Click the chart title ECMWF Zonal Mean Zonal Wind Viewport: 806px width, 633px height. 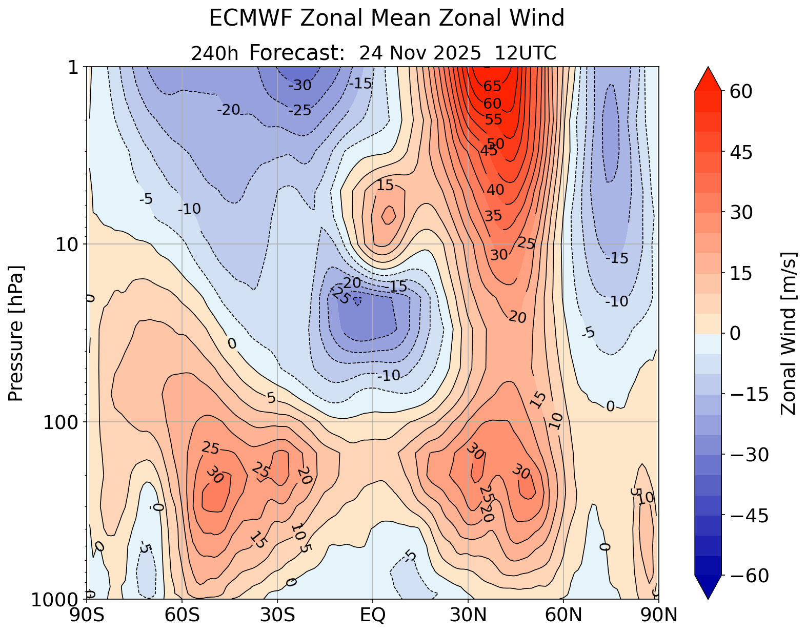coord(387,19)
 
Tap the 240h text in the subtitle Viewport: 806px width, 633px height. coord(214,53)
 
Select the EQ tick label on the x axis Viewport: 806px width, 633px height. coord(373,615)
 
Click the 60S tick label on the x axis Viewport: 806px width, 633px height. coord(182,615)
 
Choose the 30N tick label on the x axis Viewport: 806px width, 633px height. coord(468,615)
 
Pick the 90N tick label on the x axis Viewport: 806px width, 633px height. coord(659,615)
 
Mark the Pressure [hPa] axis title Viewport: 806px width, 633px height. coord(16,333)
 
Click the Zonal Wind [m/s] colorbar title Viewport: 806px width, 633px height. coord(789,333)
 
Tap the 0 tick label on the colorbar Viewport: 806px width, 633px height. coord(734,334)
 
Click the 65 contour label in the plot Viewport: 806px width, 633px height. coord(492,86)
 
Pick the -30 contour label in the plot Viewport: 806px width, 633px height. coord(300,86)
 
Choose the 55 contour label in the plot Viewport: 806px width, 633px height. coord(494,119)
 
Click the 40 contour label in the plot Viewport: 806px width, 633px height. coord(495,190)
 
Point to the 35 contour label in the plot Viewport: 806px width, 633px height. coord(493,216)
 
